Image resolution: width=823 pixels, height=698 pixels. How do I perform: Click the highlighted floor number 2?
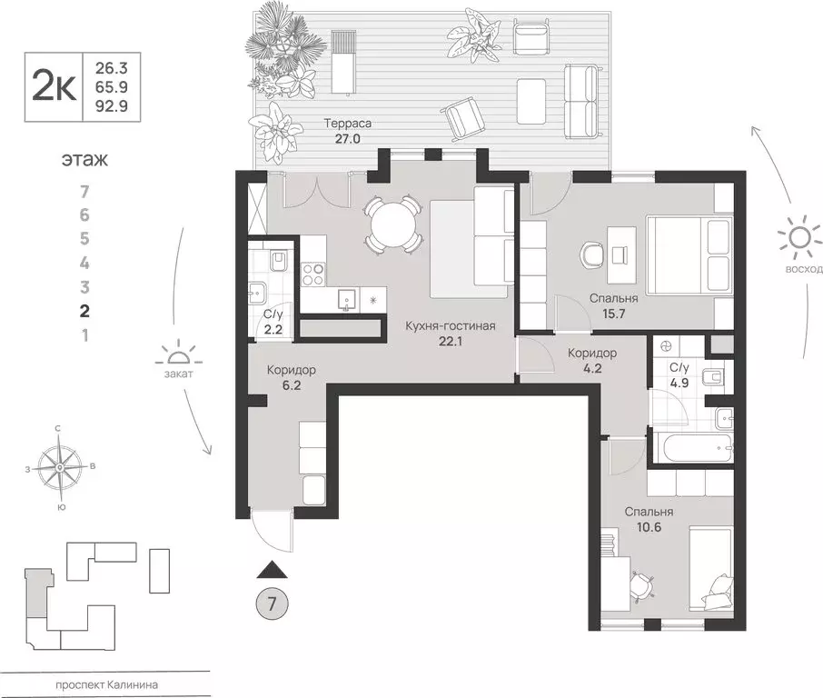(x=84, y=310)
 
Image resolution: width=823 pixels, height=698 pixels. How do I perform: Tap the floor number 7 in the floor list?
(x=84, y=192)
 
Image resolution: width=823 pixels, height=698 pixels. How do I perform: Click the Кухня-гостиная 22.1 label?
(x=444, y=332)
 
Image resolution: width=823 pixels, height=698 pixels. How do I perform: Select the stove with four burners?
(x=312, y=274)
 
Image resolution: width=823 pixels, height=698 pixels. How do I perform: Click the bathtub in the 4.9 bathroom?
(x=695, y=448)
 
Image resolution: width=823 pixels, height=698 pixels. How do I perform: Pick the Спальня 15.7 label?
(x=613, y=305)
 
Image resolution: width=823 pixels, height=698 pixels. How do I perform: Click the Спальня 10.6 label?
(x=648, y=519)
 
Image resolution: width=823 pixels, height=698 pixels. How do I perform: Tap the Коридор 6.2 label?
(x=291, y=378)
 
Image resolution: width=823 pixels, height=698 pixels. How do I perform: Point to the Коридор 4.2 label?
(x=592, y=361)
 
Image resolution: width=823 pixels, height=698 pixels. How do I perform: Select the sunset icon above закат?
(x=177, y=354)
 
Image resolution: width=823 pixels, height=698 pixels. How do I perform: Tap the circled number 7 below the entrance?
(x=269, y=603)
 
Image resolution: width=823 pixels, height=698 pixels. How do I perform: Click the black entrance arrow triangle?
(x=271, y=570)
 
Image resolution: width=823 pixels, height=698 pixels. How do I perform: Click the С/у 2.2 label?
(x=272, y=321)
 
